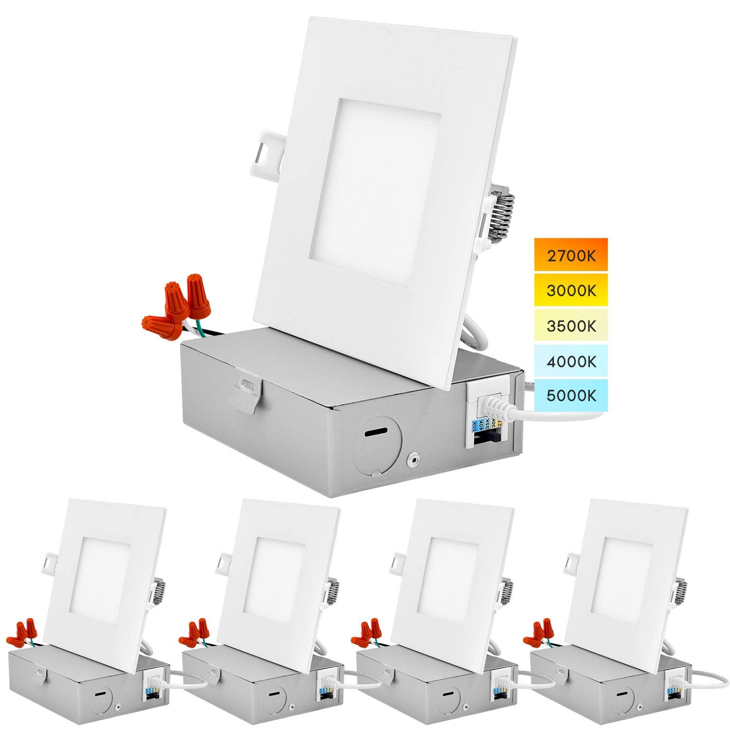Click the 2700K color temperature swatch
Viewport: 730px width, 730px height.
pos(571,255)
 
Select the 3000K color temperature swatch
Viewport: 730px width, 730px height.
pos(571,291)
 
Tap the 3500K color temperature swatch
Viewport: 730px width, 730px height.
pos(571,326)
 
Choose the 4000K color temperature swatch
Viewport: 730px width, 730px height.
pos(571,361)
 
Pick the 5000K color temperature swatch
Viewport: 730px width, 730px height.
pos(571,395)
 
